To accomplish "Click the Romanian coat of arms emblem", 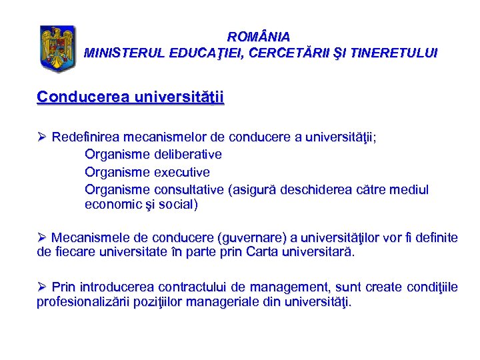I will pos(58,49).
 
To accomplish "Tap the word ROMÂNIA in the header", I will pos(259,37).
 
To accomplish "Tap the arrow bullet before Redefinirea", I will pos(42,138).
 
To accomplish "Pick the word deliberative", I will pos(189,155).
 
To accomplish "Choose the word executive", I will pos(182,172).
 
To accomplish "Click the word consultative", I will pos(189,189).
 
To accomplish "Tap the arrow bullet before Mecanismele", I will pos(42,237).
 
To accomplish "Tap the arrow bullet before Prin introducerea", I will pos(42,287).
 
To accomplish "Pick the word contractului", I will pos(192,287).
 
